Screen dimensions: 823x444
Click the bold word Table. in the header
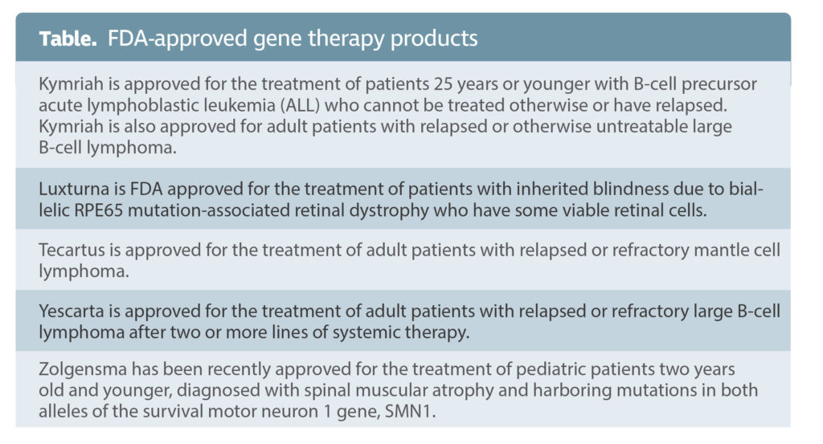point(68,39)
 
